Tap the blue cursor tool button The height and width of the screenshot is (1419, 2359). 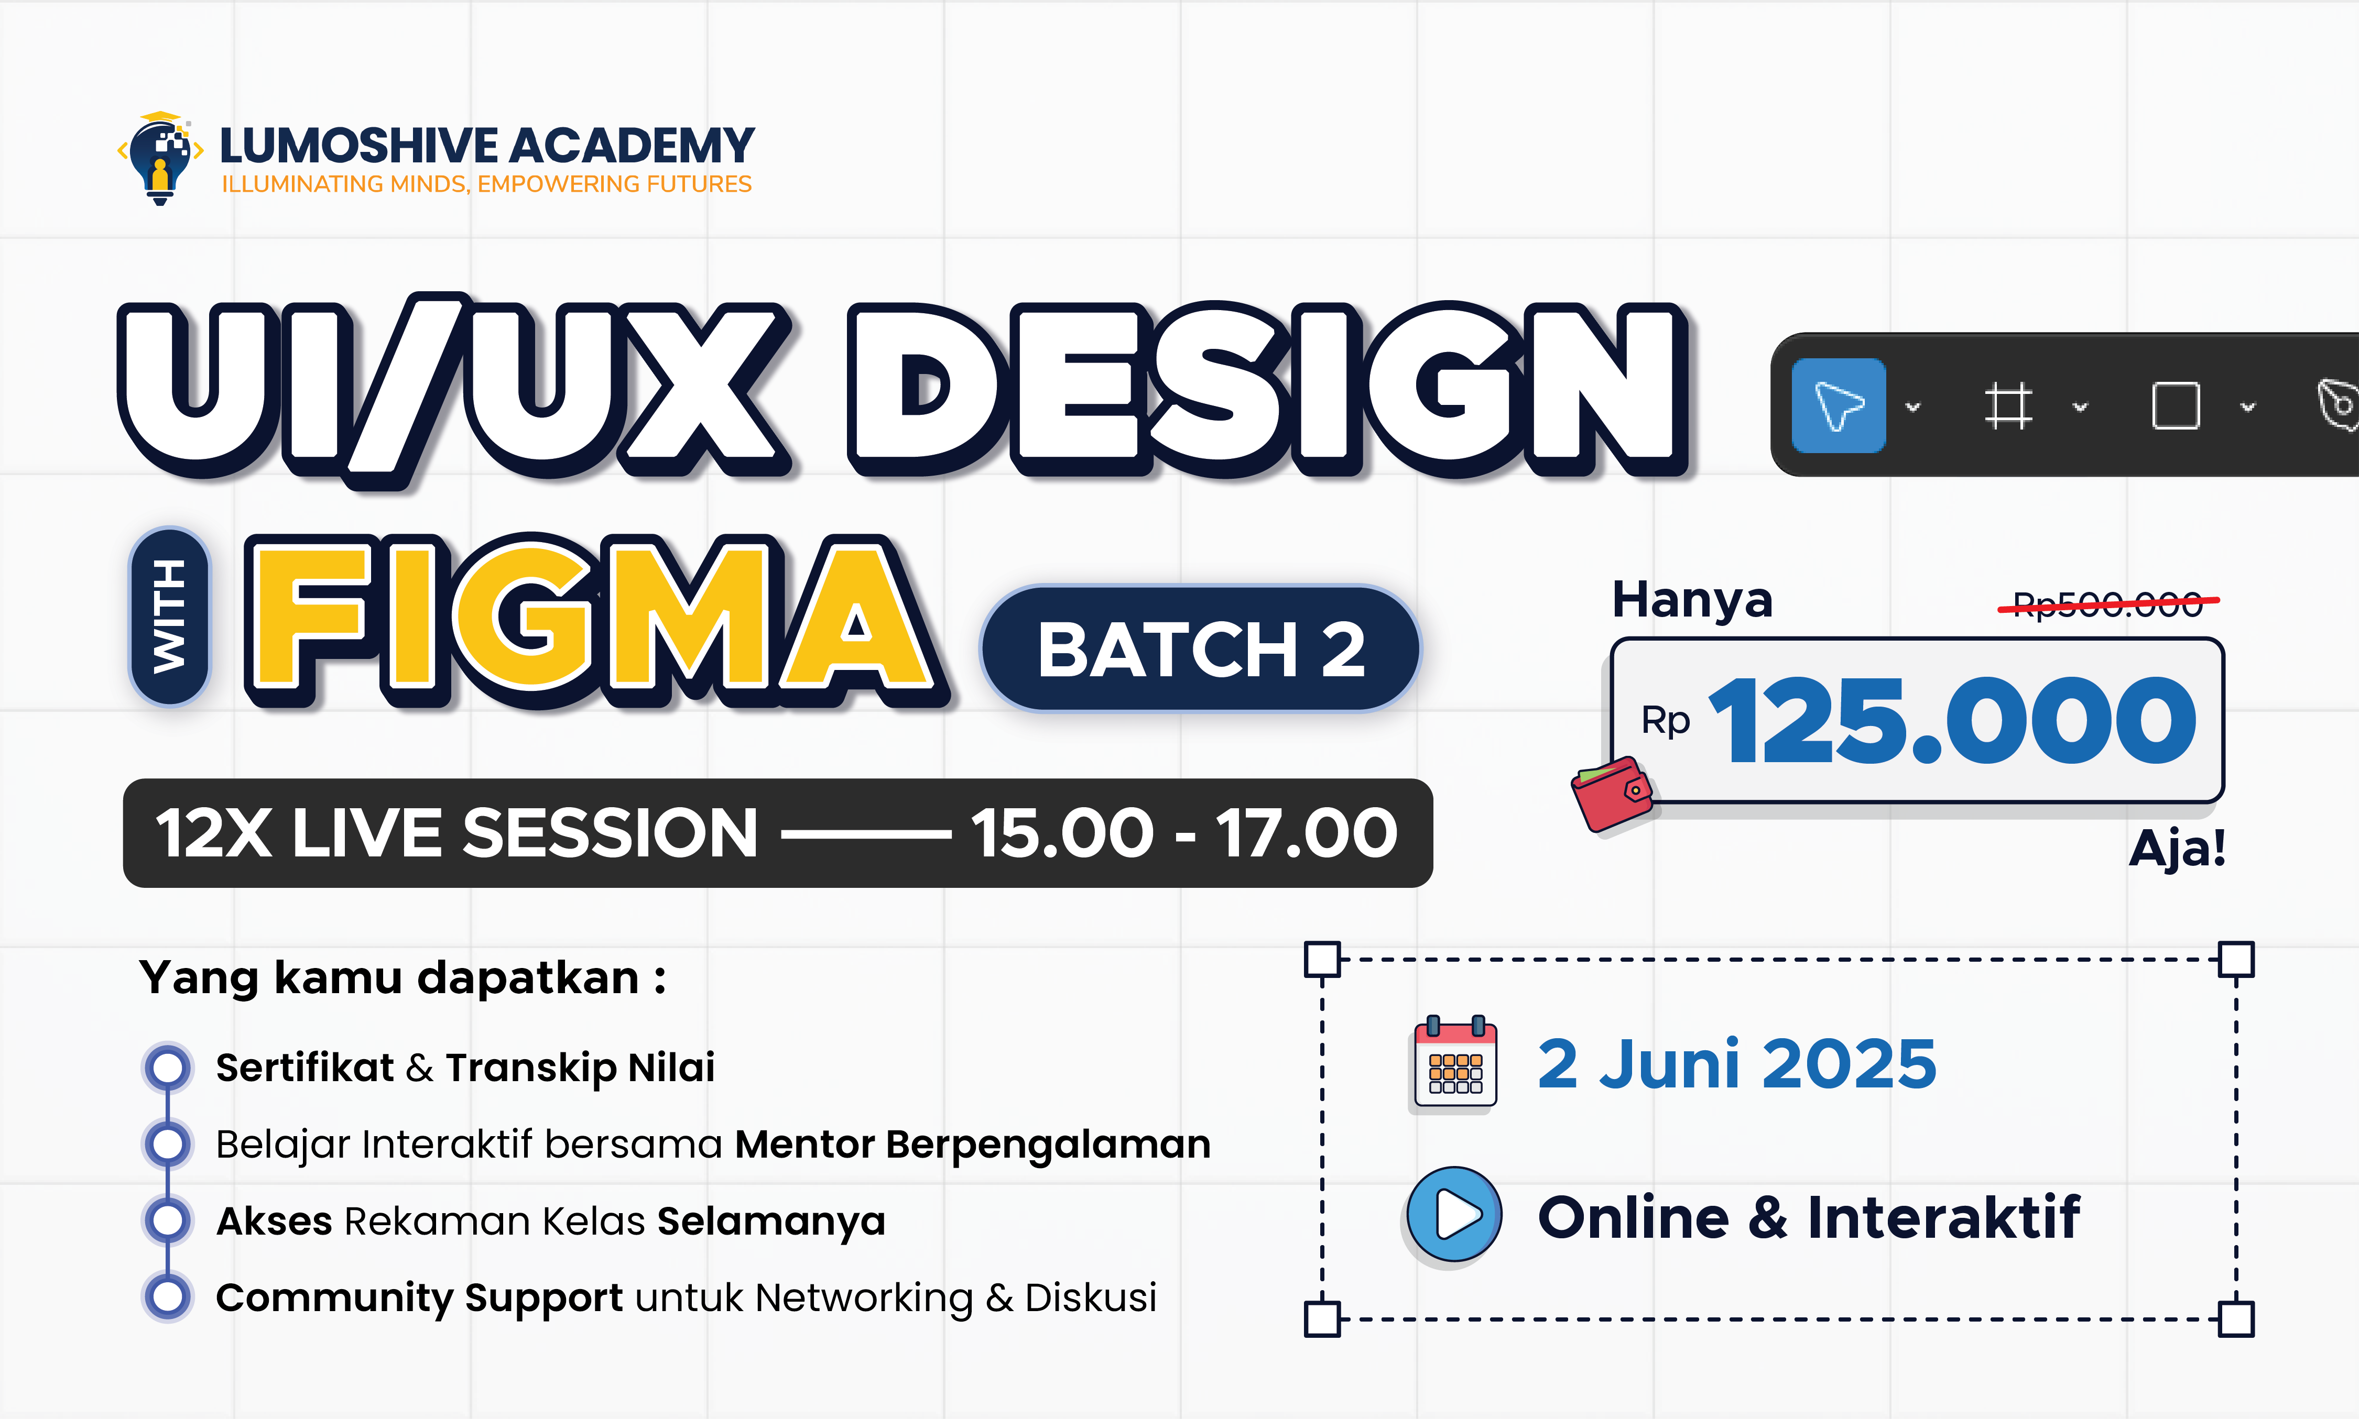(x=1838, y=405)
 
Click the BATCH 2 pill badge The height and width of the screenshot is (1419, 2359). (x=1201, y=649)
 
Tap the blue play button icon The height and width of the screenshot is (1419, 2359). (x=1454, y=1214)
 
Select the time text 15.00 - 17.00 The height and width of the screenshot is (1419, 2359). (x=1184, y=833)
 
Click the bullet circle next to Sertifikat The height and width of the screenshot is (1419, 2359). (x=168, y=1067)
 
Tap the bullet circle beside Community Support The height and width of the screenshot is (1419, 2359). (x=168, y=1296)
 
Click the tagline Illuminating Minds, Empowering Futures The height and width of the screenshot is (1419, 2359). (x=487, y=183)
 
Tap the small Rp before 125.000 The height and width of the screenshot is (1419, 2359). (x=1666, y=721)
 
